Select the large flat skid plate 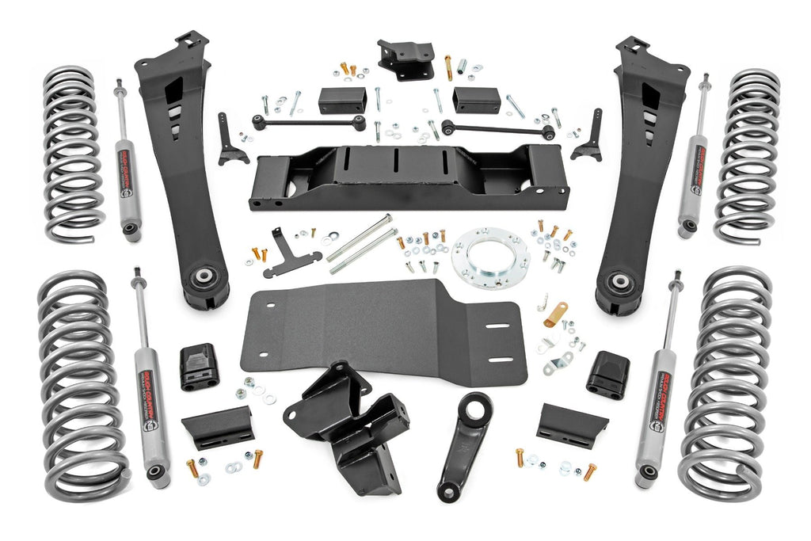tap(380, 325)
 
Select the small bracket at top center tap(405, 59)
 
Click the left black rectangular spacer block tap(342, 101)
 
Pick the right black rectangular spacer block tap(477, 100)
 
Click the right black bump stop tap(607, 374)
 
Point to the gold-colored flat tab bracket tap(555, 314)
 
